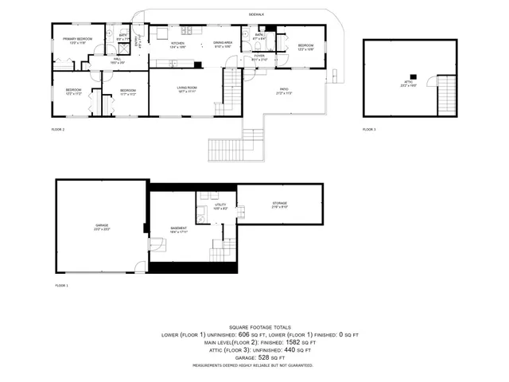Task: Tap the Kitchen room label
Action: [x=177, y=45]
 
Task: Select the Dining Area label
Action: [x=222, y=45]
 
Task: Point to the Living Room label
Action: [x=187, y=89]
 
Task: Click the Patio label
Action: [x=284, y=90]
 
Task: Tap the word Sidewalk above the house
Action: [x=255, y=15]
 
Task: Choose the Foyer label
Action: [x=258, y=57]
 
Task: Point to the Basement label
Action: [x=178, y=229]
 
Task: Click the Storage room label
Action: [x=279, y=205]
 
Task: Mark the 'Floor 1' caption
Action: [x=62, y=285]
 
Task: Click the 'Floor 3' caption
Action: [x=369, y=129]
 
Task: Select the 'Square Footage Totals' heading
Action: [x=260, y=327]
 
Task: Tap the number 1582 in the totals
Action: [x=282, y=343]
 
